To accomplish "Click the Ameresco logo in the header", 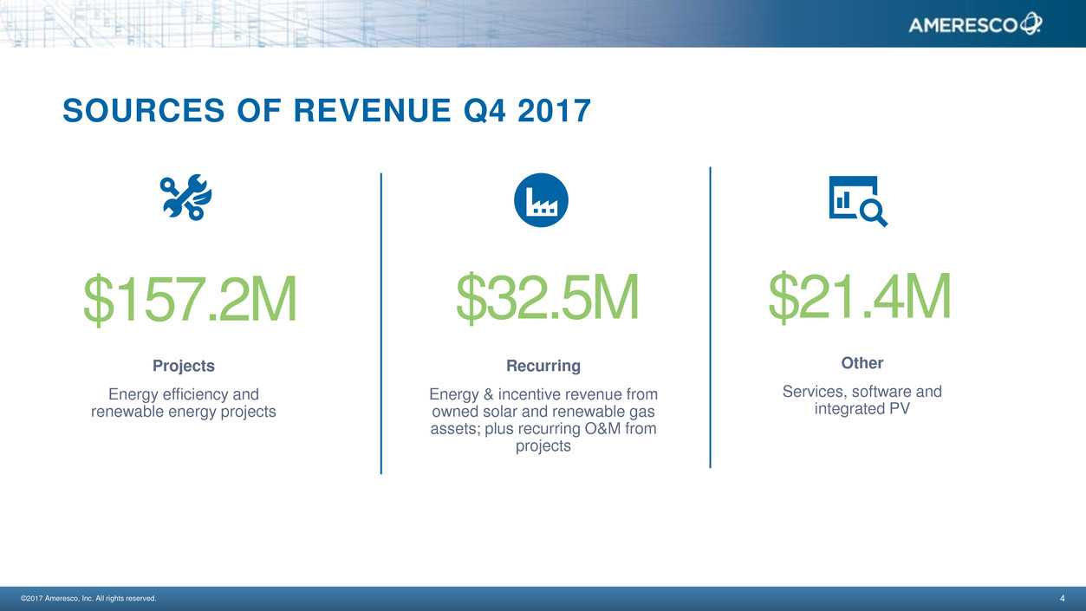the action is tap(975, 23).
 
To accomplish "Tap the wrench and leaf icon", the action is tap(186, 198).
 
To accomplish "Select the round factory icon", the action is tap(541, 200).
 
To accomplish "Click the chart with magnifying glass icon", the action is tap(858, 201).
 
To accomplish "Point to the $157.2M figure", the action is tap(190, 299).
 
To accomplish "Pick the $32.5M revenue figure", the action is tap(548, 296).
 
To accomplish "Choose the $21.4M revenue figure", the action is tap(860, 296).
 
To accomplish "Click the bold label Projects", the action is tap(184, 366).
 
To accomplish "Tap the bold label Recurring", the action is tap(543, 366).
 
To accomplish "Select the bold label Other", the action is tap(862, 363).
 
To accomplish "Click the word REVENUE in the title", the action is tap(373, 111).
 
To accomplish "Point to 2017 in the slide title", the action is tap(554, 111).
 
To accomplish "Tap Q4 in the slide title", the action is tap(484, 111).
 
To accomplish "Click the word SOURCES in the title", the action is tap(144, 111).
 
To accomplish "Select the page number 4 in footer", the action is tap(1063, 598).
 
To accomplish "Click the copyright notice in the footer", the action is tap(88, 598).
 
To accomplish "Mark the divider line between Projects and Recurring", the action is tap(381, 323).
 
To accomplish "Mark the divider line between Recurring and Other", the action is tap(710, 317).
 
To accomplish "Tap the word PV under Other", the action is tap(900, 409).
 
